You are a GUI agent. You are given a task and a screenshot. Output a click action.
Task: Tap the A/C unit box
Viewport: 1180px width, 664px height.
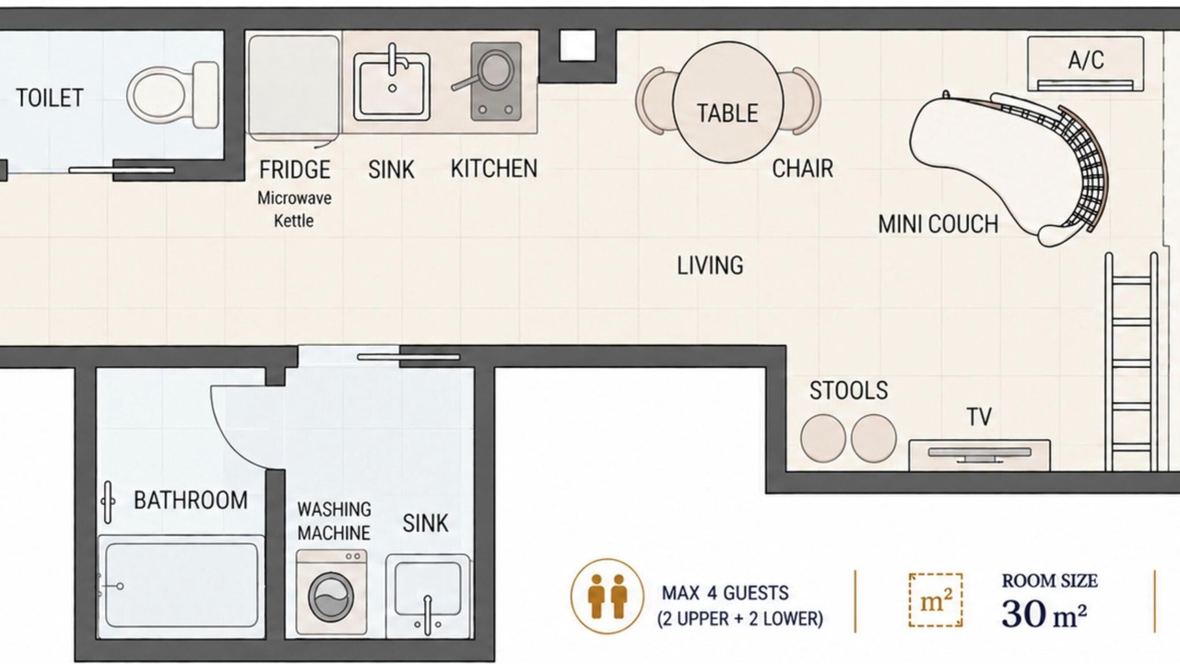click(x=1086, y=64)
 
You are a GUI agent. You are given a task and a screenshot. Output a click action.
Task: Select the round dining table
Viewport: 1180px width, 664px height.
click(x=727, y=102)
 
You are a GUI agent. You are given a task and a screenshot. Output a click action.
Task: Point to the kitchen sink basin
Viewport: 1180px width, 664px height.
click(x=392, y=87)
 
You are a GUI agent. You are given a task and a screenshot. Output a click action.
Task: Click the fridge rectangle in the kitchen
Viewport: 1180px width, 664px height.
click(x=294, y=87)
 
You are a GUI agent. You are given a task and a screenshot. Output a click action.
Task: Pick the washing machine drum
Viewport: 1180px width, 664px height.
click(x=331, y=597)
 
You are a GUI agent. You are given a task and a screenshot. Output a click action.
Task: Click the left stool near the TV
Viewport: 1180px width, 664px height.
click(x=823, y=438)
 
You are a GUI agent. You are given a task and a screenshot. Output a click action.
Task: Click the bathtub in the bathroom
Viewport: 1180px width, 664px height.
click(x=182, y=586)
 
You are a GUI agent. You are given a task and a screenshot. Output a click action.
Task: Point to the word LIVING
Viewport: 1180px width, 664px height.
click(x=710, y=266)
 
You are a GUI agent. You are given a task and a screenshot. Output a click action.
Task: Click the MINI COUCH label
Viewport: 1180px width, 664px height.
click(x=938, y=224)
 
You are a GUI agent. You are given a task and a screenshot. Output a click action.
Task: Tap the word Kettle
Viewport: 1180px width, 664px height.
click(x=293, y=220)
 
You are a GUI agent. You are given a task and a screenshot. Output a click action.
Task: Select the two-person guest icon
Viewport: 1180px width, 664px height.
click(x=608, y=596)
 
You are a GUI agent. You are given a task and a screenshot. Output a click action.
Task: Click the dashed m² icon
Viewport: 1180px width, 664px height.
click(x=936, y=600)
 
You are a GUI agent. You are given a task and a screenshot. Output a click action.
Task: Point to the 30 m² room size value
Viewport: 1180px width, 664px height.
click(x=1044, y=614)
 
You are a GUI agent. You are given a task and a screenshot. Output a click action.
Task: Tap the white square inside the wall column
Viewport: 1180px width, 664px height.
click(x=577, y=45)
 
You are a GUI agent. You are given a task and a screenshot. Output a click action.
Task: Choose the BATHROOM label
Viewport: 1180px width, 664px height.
click(x=191, y=500)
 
